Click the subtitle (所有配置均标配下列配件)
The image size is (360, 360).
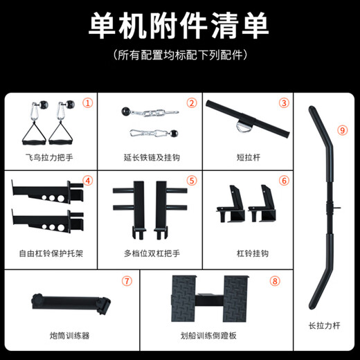click(179, 54)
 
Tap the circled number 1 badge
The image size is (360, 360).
click(87, 102)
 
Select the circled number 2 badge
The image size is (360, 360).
click(191, 103)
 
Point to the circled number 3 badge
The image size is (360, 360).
click(283, 103)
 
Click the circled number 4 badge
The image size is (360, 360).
click(87, 181)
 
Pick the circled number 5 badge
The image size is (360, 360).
click(192, 181)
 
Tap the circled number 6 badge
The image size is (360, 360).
click(283, 181)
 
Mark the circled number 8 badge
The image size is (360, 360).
click(275, 281)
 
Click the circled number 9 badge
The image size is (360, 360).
click(341, 129)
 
